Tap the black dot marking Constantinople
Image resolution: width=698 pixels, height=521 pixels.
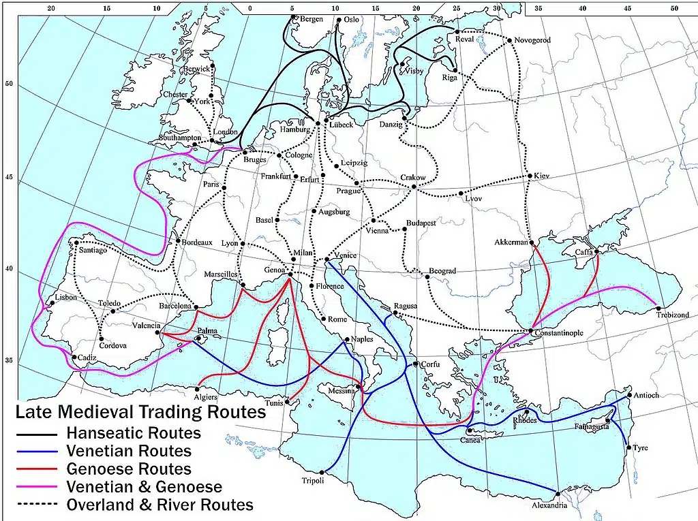[531, 331]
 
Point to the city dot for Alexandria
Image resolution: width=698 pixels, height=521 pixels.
[558, 493]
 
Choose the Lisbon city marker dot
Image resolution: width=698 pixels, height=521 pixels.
[52, 304]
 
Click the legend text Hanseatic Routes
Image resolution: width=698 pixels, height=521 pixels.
[133, 433]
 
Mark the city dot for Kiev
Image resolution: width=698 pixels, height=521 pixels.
[530, 176]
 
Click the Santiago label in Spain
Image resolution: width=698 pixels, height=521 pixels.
[93, 250]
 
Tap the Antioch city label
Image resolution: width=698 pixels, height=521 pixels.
[646, 395]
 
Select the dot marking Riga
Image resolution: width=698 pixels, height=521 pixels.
[455, 69]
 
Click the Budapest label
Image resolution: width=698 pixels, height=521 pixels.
[421, 223]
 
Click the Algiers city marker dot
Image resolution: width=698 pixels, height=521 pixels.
[197, 390]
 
